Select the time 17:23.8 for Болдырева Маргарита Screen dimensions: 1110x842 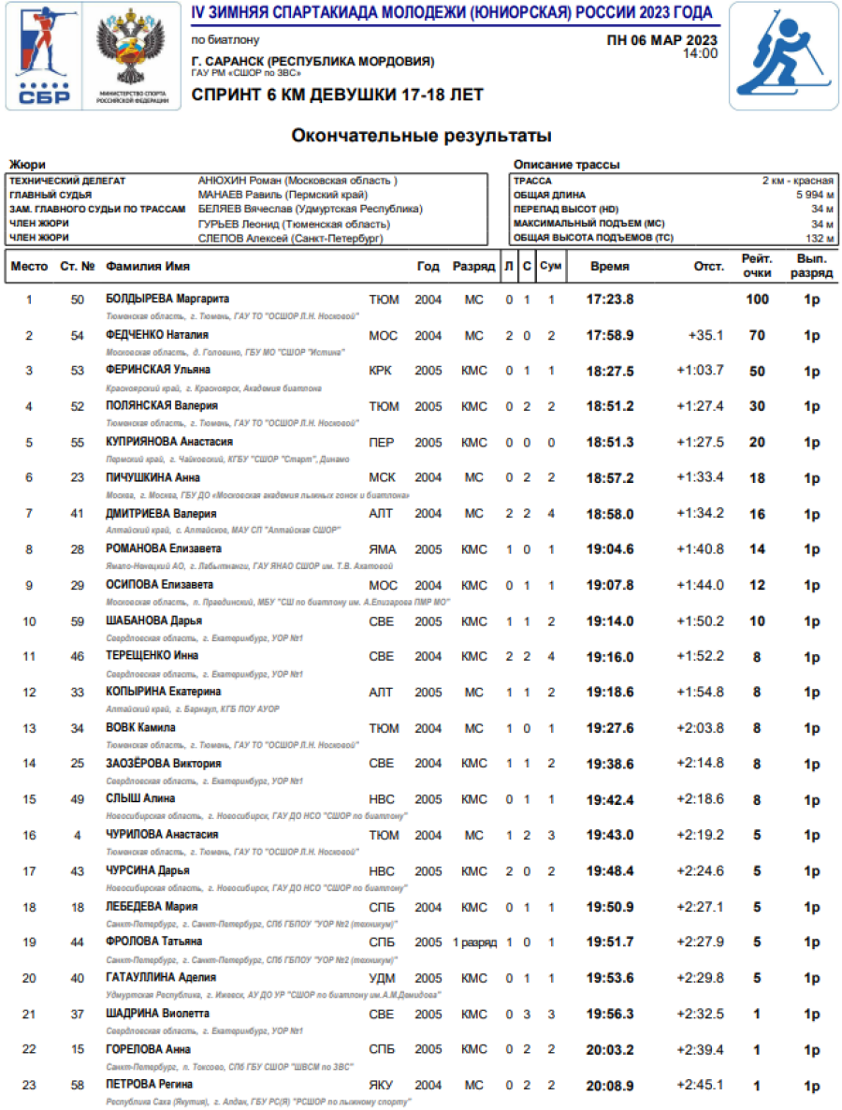point(610,299)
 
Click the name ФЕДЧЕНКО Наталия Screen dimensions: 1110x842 point(157,334)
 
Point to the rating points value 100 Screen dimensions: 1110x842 point(757,299)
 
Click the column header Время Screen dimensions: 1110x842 point(610,267)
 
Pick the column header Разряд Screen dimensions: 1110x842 point(473,267)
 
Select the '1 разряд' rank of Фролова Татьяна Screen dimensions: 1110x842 point(473,942)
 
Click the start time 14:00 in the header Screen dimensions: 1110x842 point(700,53)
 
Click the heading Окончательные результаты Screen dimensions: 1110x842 point(421,137)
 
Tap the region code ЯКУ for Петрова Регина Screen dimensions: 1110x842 point(383,1086)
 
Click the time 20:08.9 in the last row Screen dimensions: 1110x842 point(610,1086)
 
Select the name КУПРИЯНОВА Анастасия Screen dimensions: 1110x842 point(169,442)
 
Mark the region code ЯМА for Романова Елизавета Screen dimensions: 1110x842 point(383,549)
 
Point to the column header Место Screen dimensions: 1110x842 point(29,267)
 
